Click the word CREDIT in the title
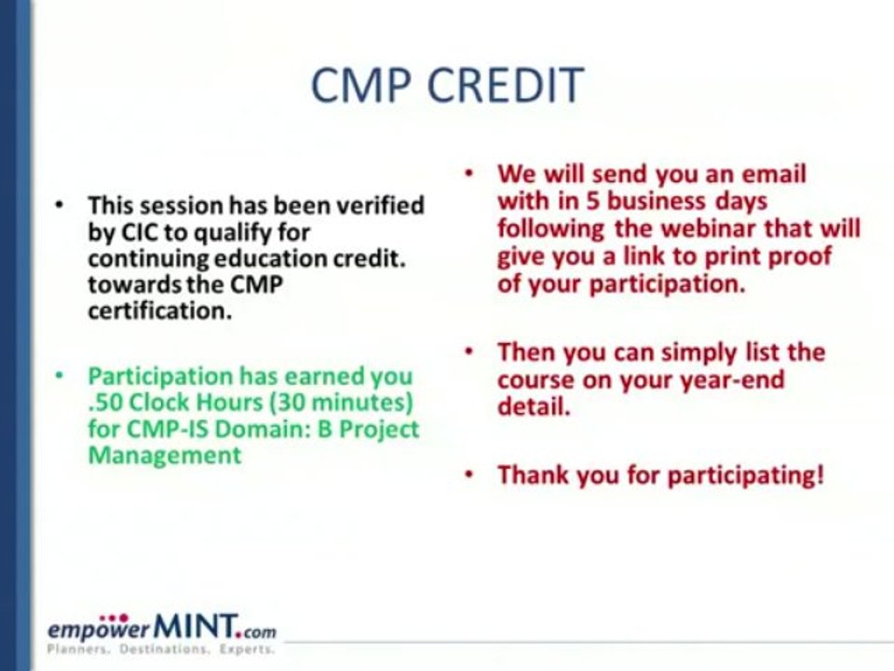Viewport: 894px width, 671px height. point(505,85)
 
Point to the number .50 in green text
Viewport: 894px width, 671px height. point(105,403)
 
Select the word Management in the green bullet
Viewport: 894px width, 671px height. point(165,456)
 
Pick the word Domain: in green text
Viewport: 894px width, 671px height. point(265,429)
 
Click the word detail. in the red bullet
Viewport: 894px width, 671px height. point(534,407)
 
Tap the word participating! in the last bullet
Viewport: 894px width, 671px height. point(746,475)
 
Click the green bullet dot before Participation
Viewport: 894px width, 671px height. point(59,376)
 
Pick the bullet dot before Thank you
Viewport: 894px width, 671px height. point(468,474)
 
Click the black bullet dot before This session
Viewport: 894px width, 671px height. point(59,205)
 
